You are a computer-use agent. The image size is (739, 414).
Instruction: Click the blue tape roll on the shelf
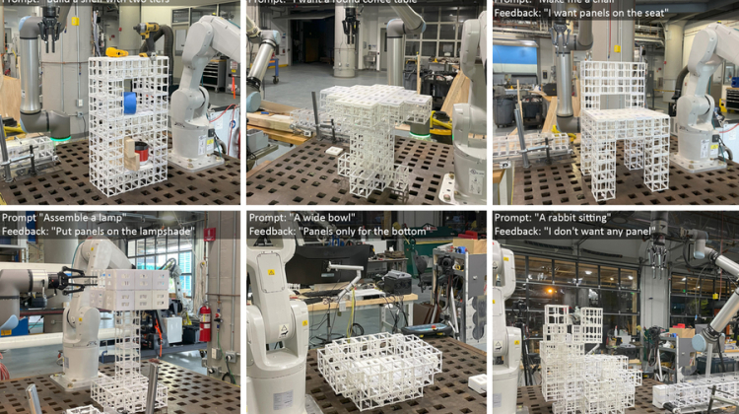[x=130, y=102]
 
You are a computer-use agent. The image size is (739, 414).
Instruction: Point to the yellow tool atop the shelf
[x=116, y=52]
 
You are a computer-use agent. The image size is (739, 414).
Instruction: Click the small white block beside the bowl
[x=478, y=382]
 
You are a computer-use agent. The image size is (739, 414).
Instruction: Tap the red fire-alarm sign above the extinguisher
[x=209, y=235]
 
